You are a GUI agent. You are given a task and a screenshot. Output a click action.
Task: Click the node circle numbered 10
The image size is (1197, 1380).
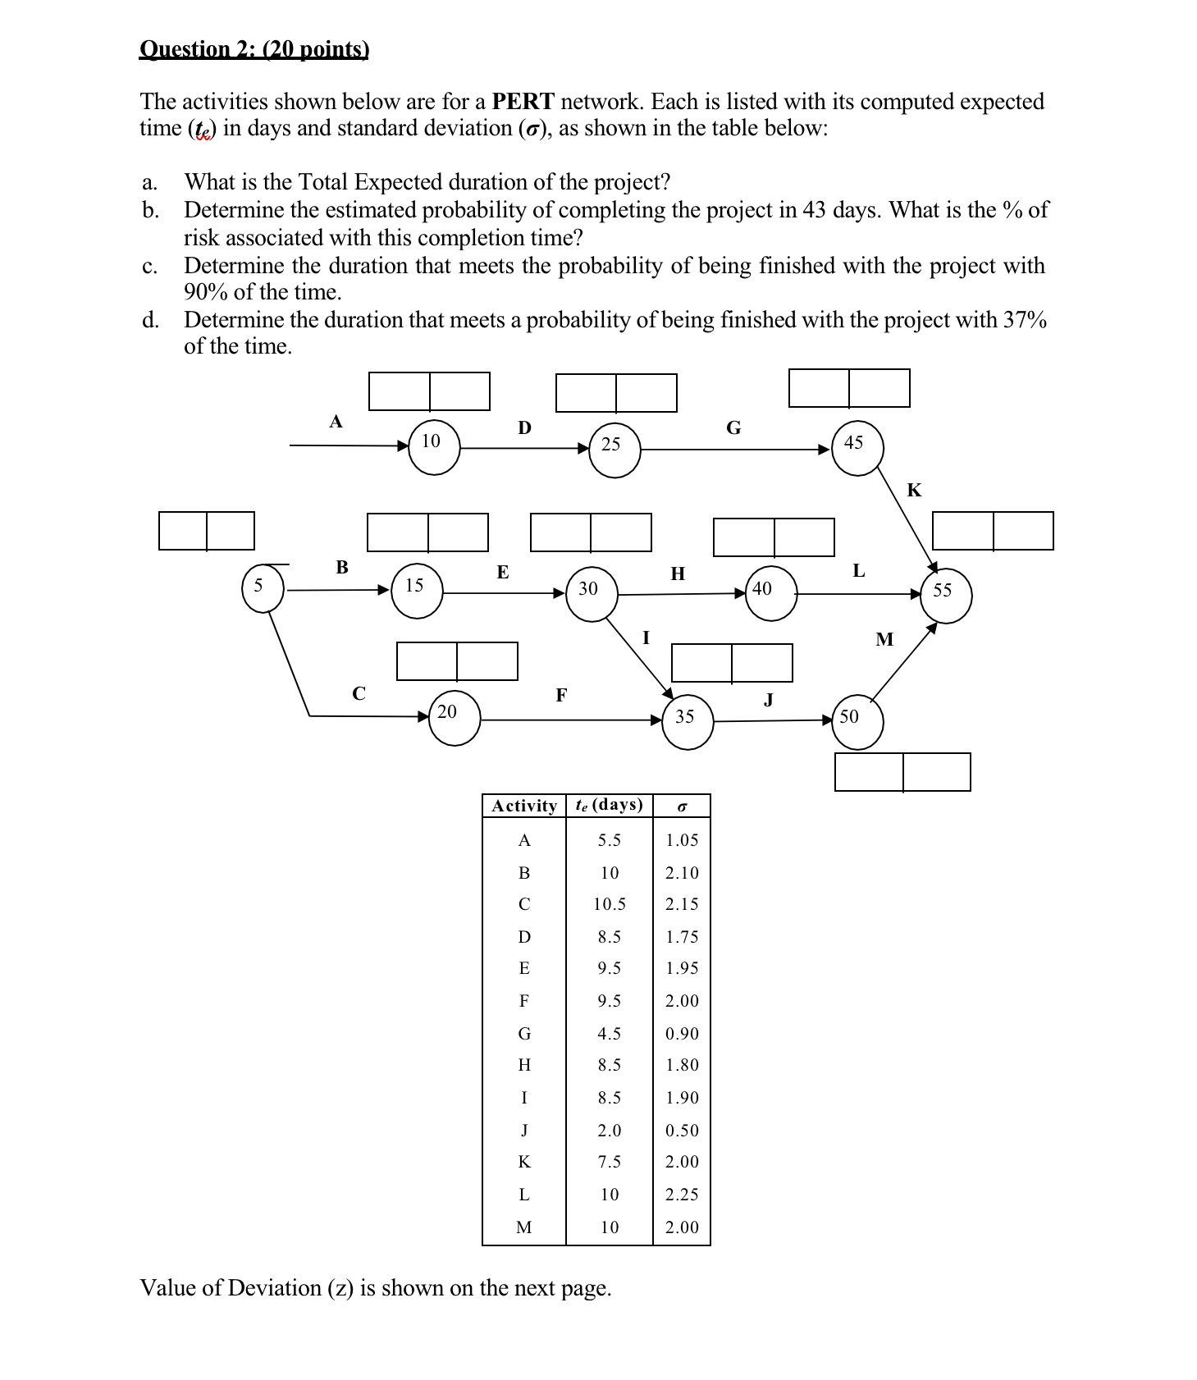point(433,447)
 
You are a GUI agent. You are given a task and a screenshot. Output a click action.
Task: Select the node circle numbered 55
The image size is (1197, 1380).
point(945,596)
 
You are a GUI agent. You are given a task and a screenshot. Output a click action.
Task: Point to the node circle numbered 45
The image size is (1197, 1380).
point(857,448)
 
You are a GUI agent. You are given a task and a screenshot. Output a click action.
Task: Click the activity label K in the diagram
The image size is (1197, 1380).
point(914,491)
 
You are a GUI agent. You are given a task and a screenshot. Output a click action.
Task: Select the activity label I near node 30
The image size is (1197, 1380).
point(646,637)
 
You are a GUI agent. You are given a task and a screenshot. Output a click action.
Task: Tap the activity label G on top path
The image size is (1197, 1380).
point(733,428)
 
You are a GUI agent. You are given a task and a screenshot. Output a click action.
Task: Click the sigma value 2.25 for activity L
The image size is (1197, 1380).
point(682,1195)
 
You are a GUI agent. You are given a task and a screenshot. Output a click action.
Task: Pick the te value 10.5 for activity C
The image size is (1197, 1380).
point(609,904)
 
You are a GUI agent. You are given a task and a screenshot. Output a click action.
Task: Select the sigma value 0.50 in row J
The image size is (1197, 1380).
point(682,1131)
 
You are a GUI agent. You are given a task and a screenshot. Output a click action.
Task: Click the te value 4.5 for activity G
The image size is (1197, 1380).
point(609,1034)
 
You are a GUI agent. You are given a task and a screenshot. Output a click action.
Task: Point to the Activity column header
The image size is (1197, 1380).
point(523,806)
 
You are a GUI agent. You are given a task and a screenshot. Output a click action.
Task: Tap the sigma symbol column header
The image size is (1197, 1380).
point(681,807)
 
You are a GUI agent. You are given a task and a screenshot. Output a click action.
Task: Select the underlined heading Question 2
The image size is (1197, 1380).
point(254,49)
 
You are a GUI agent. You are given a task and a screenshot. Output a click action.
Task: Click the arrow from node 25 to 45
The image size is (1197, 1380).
point(734,450)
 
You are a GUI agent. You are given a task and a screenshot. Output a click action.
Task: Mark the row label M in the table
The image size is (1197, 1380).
point(523,1227)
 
